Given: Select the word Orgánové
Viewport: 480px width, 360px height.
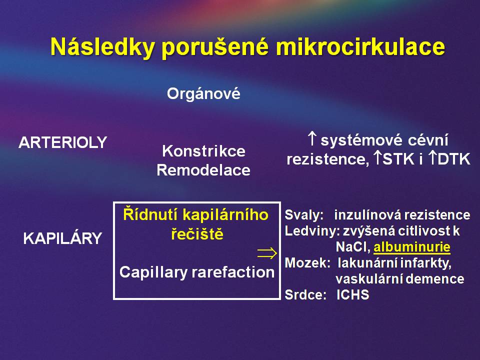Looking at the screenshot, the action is (x=203, y=93).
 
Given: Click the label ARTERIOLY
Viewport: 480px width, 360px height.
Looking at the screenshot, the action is (x=63, y=142).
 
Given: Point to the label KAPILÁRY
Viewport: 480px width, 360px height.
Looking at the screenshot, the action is (x=62, y=238).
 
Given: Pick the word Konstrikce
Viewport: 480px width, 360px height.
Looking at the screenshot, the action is (x=203, y=151).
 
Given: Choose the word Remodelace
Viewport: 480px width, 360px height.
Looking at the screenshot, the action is (x=203, y=170).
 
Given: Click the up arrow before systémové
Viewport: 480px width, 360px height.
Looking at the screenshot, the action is (x=312, y=138).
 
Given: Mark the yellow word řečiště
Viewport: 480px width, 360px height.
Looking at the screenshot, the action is (x=197, y=234).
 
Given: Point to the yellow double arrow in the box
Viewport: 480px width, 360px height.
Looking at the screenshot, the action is (x=267, y=253).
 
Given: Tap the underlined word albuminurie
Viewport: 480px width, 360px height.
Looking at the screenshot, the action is (x=412, y=247).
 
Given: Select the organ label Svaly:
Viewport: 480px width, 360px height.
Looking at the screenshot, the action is (x=304, y=215).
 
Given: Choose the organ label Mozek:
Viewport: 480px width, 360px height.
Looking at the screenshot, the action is (x=307, y=263).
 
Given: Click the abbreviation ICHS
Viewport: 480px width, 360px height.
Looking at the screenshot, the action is (x=352, y=295).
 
